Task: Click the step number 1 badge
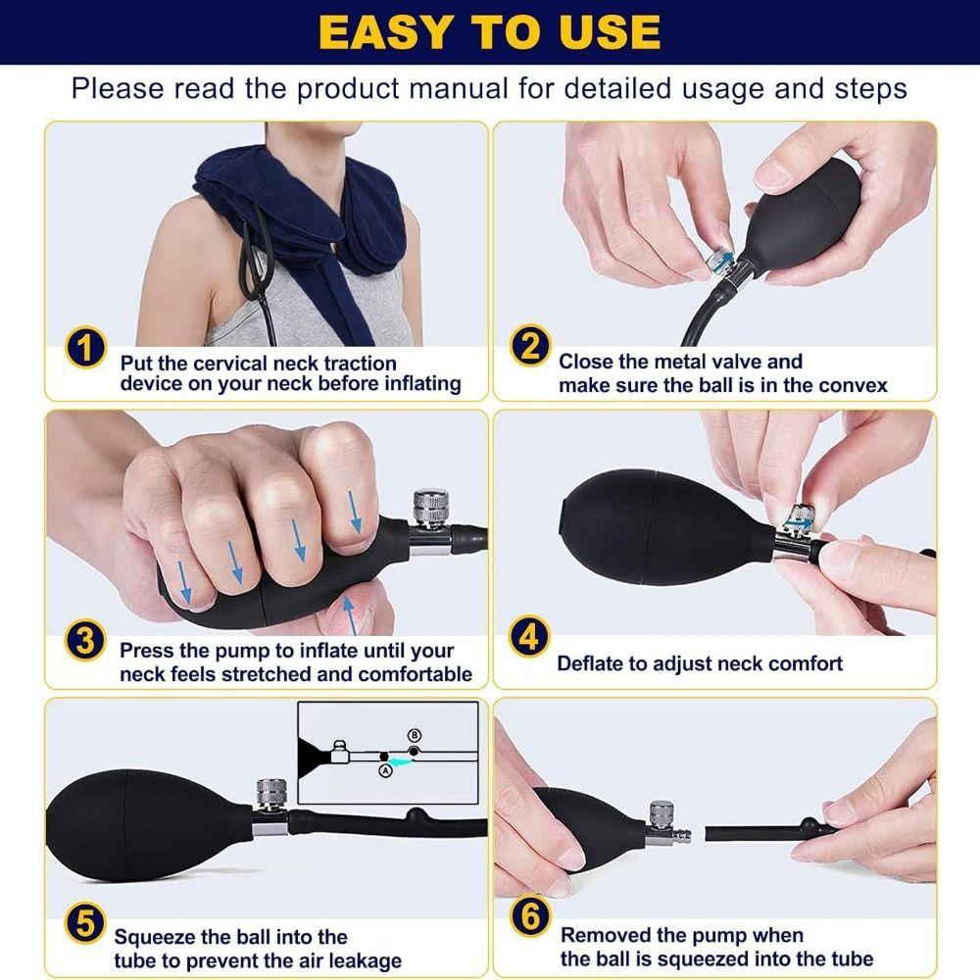click(85, 350)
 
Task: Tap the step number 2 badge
click(530, 347)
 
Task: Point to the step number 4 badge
click(529, 637)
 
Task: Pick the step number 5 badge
click(85, 923)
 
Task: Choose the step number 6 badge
click(530, 918)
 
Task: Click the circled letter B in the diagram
click(415, 735)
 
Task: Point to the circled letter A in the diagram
click(384, 770)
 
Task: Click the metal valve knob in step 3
click(430, 508)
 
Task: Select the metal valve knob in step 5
click(271, 794)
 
